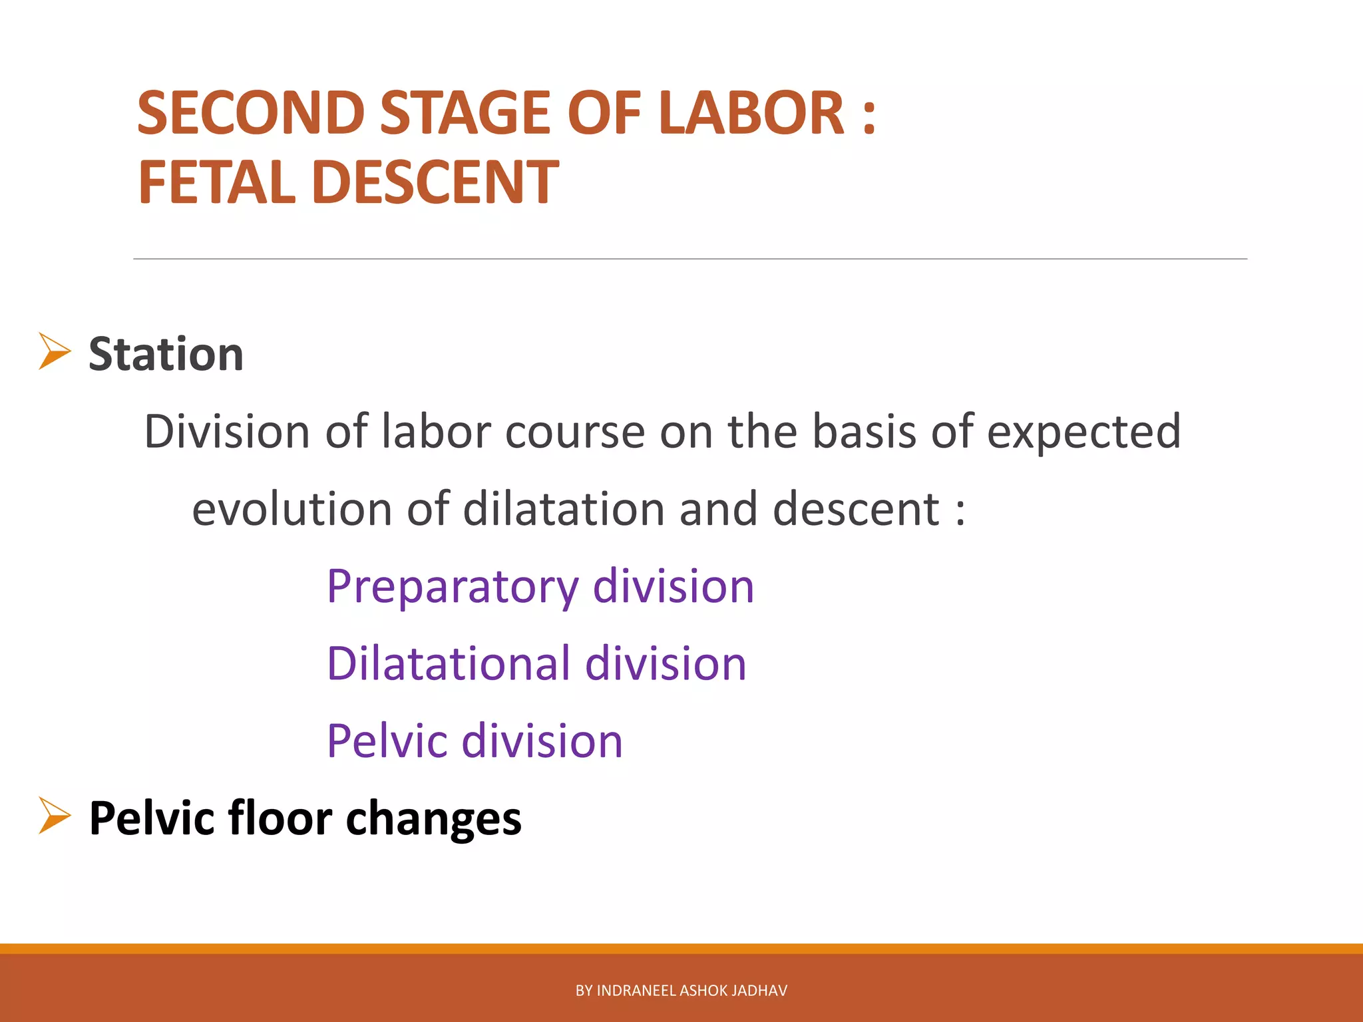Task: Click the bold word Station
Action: [166, 353]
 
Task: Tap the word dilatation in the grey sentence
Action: [563, 509]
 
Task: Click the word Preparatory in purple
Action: [453, 588]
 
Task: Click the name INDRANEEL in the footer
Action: [636, 991]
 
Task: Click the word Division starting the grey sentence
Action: [227, 432]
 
